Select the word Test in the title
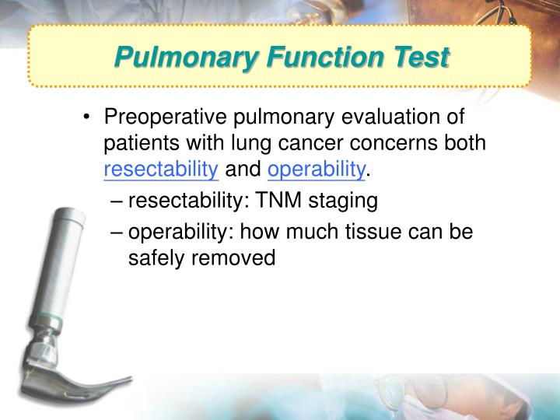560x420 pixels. (420, 58)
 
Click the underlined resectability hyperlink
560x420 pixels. (161, 169)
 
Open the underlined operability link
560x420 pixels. (316, 169)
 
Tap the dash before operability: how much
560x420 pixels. (117, 232)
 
